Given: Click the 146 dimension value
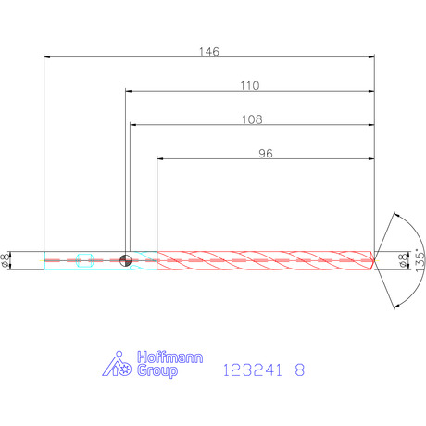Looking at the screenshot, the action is (x=209, y=52).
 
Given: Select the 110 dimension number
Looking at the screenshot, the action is (x=250, y=85).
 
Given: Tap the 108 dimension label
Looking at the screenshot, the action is (x=252, y=119).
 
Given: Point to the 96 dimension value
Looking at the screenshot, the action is (x=266, y=154).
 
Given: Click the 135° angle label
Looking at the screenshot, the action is (x=420, y=260).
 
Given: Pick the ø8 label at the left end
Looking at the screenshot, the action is (x=5, y=260).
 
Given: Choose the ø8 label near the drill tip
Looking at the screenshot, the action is (x=403, y=260).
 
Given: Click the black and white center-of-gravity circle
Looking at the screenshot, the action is (x=125, y=260).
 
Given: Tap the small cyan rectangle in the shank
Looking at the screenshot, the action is (x=85, y=260).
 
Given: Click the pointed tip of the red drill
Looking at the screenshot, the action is (x=374, y=260).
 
